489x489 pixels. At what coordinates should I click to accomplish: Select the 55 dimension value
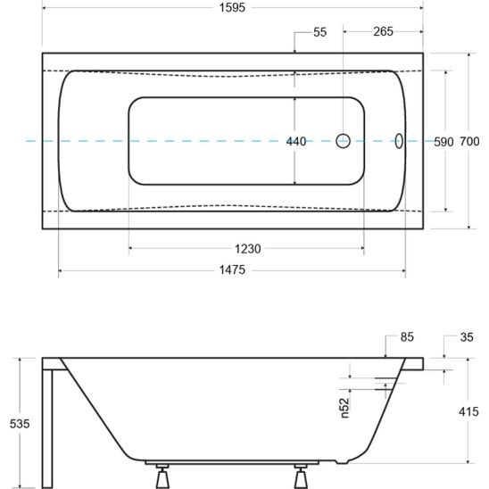(319, 32)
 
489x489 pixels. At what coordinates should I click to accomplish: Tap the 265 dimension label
(383, 32)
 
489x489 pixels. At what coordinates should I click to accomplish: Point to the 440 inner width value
(295, 141)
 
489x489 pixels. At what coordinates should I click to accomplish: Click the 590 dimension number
(443, 141)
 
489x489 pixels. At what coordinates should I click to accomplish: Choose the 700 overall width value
(470, 141)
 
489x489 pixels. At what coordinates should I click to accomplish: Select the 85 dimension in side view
(407, 337)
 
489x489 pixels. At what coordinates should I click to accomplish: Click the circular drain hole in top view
(344, 141)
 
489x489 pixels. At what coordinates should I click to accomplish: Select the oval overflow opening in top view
(399, 141)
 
